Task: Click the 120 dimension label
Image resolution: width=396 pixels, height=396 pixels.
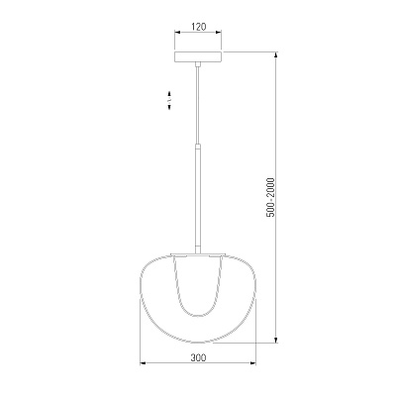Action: [198, 27]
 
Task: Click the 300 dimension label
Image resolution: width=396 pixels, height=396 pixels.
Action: [198, 357]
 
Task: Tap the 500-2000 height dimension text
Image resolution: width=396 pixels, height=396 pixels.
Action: [270, 197]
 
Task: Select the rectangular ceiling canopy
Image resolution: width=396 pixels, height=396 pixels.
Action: [198, 56]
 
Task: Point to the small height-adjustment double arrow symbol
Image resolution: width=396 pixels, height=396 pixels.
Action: [169, 100]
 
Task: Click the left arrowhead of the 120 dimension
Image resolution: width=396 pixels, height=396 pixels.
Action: [177, 33]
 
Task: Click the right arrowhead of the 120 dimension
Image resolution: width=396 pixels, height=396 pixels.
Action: [219, 33]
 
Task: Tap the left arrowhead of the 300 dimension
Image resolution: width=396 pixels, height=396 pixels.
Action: [143, 363]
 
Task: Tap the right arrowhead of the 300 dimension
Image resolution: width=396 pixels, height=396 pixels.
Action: [253, 363]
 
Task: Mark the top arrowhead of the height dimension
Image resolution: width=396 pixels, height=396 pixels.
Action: [276, 54]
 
